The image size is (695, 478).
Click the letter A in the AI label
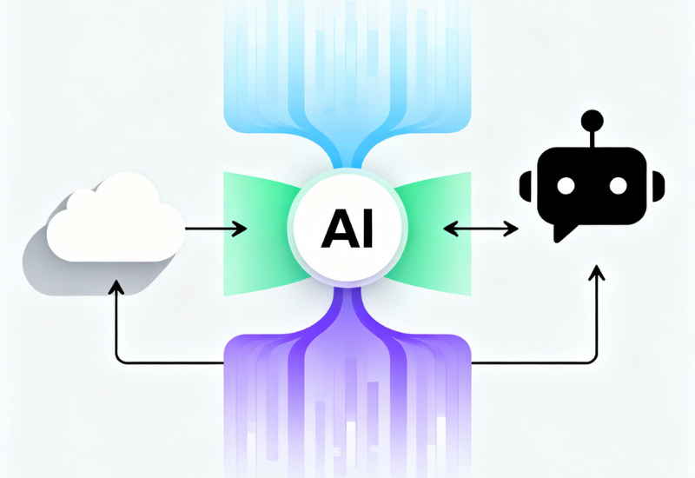337,229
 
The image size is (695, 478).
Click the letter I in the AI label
365,229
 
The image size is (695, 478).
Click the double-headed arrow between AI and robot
480,229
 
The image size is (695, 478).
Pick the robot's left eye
565,186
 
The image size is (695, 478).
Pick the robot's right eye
619,186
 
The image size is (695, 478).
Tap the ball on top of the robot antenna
592,119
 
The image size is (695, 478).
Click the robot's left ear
524,185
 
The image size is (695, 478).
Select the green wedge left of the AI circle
256,229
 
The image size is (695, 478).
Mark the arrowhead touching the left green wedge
242,229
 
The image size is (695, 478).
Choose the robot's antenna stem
592,137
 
